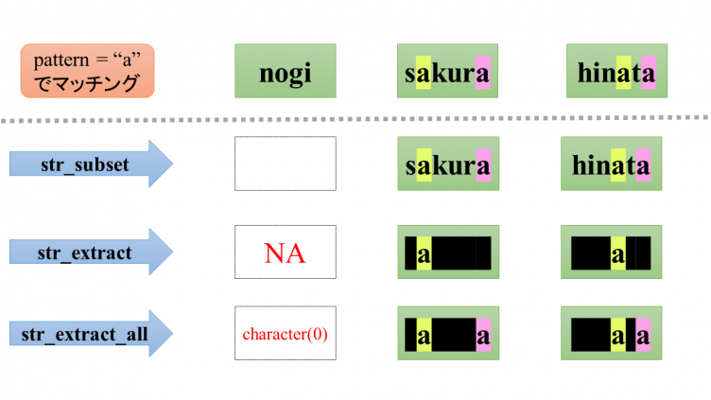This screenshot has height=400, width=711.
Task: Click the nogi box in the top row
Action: [285, 71]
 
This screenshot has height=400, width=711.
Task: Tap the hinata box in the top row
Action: [612, 71]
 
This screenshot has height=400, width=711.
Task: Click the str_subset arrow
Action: [90, 165]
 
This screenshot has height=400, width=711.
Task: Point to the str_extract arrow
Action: [90, 251]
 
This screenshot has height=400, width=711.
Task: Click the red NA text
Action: [285, 252]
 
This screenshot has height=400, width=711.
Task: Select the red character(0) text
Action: [285, 334]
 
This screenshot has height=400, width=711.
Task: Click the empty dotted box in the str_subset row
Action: [285, 164]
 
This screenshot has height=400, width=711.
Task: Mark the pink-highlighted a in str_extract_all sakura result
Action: [483, 334]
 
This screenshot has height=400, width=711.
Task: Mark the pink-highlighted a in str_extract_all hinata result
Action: [643, 334]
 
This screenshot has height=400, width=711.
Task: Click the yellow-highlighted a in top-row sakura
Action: [423, 72]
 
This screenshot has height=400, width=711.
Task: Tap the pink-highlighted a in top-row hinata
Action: [648, 72]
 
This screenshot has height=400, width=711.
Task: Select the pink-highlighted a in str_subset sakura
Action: [483, 165]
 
